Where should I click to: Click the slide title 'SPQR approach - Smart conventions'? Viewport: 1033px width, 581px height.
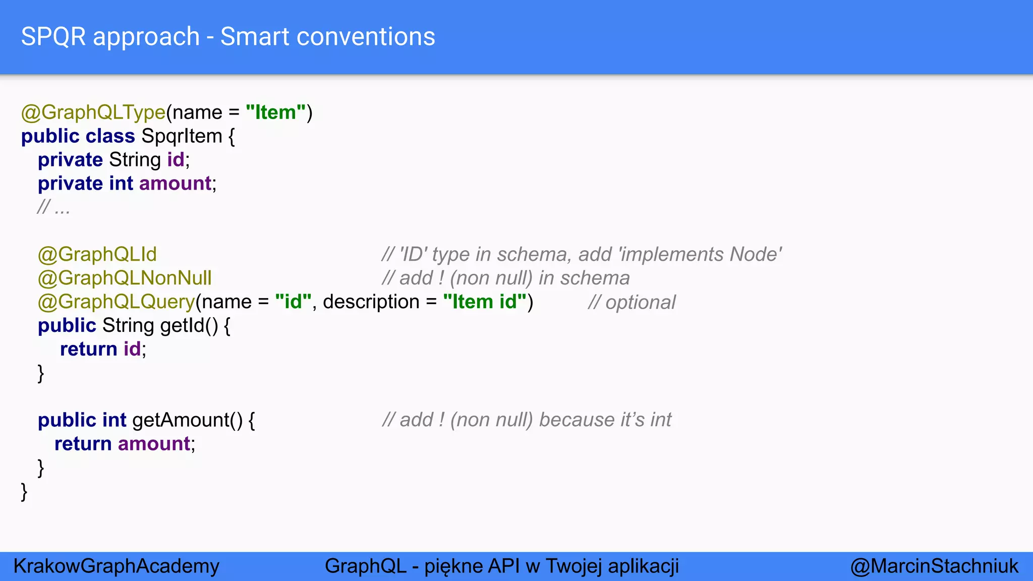tap(228, 37)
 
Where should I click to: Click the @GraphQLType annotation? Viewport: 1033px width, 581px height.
tap(93, 112)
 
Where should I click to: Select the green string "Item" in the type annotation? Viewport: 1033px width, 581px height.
tap(276, 112)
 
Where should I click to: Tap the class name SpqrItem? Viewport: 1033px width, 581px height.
tap(182, 136)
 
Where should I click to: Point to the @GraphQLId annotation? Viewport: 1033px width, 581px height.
tap(97, 254)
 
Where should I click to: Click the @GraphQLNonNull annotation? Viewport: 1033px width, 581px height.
tap(125, 278)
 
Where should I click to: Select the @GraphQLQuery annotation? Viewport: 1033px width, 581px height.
tap(117, 302)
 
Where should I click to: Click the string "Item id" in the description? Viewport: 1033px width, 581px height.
tap(485, 302)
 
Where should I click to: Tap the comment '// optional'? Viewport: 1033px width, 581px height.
tap(632, 303)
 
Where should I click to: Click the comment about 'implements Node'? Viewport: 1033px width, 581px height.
tap(582, 254)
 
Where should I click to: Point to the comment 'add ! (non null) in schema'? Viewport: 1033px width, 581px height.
tap(506, 278)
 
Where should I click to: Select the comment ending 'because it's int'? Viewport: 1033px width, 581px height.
tap(527, 420)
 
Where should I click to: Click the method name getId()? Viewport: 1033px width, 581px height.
tap(189, 325)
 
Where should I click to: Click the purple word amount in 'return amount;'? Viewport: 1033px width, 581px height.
tap(154, 444)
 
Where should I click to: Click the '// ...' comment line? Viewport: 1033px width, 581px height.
tap(53, 207)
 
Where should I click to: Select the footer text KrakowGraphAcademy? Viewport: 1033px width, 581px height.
tap(117, 566)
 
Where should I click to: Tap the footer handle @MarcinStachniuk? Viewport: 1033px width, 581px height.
tap(934, 566)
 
